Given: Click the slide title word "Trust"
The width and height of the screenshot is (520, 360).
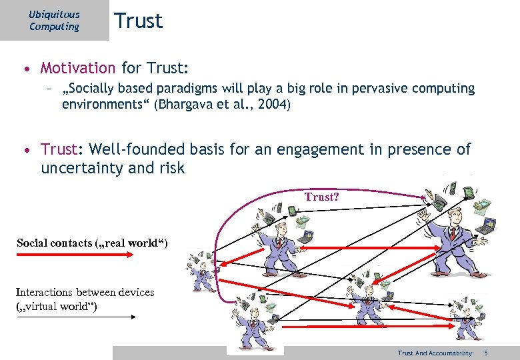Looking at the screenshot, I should click(138, 21).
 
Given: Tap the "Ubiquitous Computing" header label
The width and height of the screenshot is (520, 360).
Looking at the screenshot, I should click(54, 21).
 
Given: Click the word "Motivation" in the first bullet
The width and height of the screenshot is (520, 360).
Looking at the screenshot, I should click(78, 68).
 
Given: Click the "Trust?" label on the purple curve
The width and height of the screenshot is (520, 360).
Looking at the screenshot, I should click(322, 197).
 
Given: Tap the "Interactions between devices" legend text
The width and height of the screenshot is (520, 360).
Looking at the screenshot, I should click(85, 292).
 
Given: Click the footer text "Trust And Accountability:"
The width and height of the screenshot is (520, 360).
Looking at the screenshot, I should click(435, 353).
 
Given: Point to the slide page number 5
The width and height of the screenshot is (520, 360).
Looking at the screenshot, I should click(486, 353).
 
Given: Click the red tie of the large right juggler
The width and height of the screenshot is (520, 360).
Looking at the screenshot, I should click(452, 233).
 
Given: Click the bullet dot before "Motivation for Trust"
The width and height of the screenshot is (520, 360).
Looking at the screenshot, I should click(25, 69).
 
